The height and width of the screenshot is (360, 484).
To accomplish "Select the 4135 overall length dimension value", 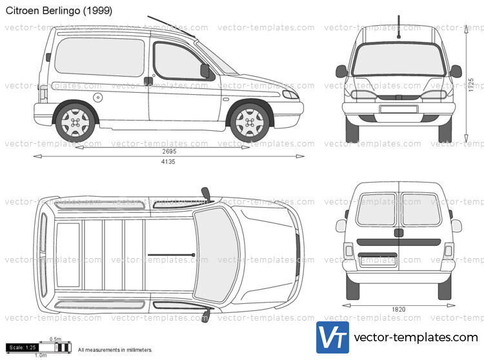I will (167, 161).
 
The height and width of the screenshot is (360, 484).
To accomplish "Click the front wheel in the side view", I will (250, 121).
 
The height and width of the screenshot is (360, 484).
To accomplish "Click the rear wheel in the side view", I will (75, 121).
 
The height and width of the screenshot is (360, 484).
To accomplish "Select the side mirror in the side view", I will (205, 70).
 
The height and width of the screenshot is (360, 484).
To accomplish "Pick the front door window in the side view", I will (177, 61).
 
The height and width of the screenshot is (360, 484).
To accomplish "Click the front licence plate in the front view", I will (398, 109).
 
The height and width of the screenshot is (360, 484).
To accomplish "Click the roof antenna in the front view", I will (398, 26).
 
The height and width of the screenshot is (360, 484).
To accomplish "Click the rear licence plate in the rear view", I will (378, 261).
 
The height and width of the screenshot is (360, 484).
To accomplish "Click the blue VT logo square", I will (332, 337).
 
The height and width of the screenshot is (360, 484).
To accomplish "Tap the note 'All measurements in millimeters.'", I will (115, 350).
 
